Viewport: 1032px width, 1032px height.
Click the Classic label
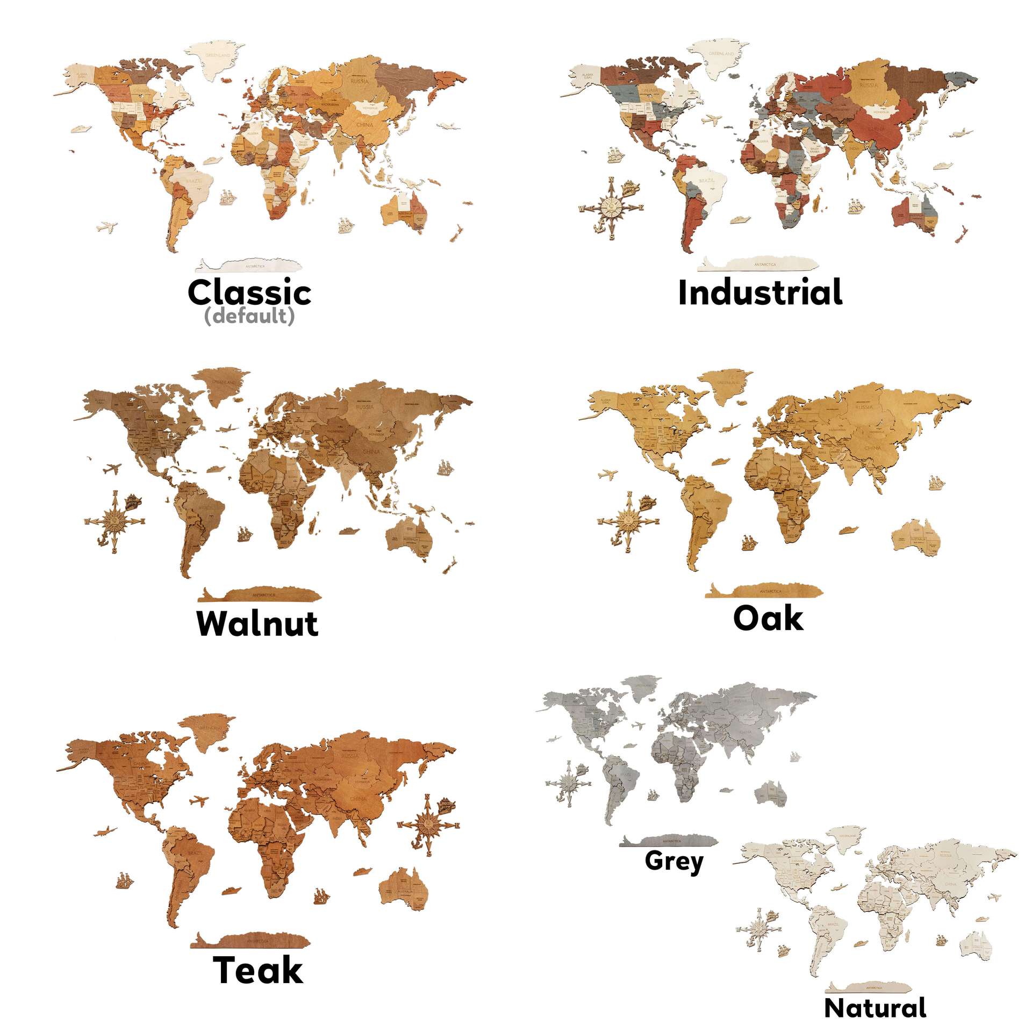tap(249, 292)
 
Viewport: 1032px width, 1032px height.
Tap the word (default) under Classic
tap(249, 316)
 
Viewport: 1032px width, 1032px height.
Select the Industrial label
tap(760, 293)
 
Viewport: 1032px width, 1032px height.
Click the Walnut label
tap(257, 623)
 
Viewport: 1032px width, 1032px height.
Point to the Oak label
tap(768, 618)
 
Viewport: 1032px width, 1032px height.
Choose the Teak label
tap(258, 970)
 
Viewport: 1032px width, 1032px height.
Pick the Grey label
tap(674, 861)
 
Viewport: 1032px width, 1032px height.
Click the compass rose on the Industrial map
tap(611, 206)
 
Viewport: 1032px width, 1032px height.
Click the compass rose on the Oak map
tap(628, 521)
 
